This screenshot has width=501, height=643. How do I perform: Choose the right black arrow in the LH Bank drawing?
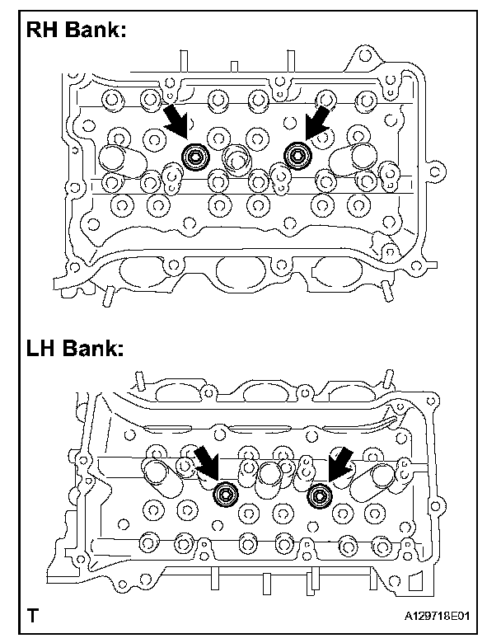pyautogui.click(x=339, y=463)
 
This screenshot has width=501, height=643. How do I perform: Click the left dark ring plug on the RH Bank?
pyautogui.click(x=195, y=155)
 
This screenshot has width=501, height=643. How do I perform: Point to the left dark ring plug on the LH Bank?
pyautogui.click(x=224, y=495)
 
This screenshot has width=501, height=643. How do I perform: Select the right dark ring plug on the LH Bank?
pyautogui.click(x=319, y=495)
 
